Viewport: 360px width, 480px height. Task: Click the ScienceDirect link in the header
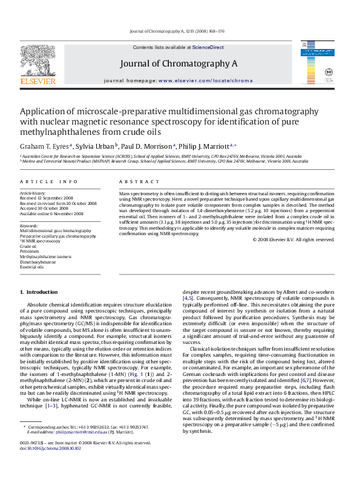coord(208,47)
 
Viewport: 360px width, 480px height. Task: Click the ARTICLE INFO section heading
coord(48,181)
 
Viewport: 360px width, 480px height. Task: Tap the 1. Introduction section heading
coord(39,292)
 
